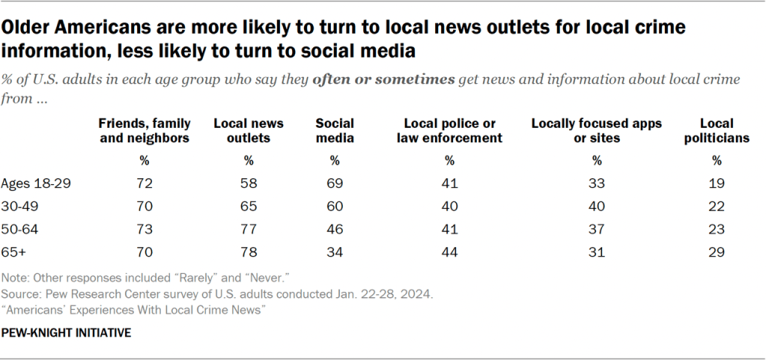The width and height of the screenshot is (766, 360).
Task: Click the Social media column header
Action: click(335, 130)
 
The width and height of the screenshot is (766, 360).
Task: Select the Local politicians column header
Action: click(716, 130)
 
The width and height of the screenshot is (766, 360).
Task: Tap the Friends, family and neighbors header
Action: click(145, 130)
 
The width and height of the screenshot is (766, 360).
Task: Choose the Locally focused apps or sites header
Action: click(596, 130)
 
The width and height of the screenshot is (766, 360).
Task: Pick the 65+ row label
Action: click(13, 252)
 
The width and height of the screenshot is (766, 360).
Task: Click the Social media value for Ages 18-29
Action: click(335, 181)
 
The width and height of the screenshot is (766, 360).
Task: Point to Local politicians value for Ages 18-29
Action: click(717, 181)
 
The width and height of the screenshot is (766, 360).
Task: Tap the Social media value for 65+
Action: click(335, 252)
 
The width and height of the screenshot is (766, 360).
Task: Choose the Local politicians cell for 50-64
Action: click(717, 228)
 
